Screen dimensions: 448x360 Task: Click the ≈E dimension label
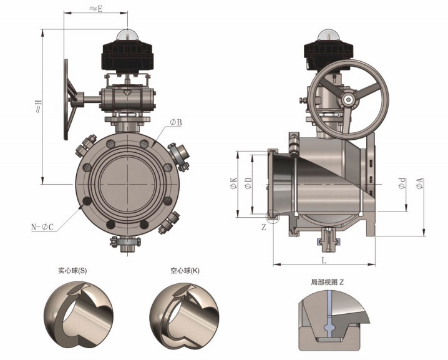click(x=96, y=8)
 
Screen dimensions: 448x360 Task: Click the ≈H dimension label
click(x=38, y=106)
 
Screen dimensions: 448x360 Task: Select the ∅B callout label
click(x=176, y=122)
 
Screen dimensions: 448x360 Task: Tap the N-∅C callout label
click(x=42, y=227)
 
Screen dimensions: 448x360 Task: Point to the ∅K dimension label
click(x=233, y=183)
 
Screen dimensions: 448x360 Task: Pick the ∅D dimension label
click(x=248, y=183)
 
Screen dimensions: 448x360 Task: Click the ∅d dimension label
click(x=402, y=183)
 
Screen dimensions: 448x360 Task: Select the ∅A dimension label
click(x=420, y=183)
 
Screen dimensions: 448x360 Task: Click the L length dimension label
click(x=324, y=260)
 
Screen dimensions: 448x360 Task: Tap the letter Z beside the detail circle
click(x=263, y=227)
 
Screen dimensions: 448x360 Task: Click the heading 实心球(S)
click(x=72, y=271)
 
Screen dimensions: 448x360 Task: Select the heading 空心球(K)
click(x=185, y=271)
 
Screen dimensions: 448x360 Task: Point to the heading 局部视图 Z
click(x=328, y=282)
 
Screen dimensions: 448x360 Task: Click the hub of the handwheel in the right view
click(x=349, y=99)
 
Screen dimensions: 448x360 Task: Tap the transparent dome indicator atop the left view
click(x=127, y=35)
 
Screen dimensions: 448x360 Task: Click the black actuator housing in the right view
click(x=328, y=55)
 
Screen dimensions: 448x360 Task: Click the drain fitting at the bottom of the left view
click(x=125, y=244)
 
